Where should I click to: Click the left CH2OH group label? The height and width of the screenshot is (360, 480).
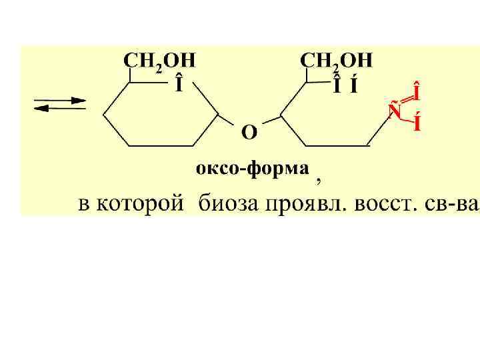coord(159,61)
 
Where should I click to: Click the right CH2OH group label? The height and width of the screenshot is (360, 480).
coord(337,61)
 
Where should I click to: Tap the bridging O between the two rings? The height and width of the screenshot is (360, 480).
coord(247,133)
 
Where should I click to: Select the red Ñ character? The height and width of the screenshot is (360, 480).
coord(395,109)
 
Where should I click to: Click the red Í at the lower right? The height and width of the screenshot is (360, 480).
coord(417,124)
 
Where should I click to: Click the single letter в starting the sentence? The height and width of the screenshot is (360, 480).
coord(85,203)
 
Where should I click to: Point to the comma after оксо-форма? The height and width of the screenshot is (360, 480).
coord(319,179)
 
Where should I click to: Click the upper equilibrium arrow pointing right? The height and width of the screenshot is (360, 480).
coord(61,101)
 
